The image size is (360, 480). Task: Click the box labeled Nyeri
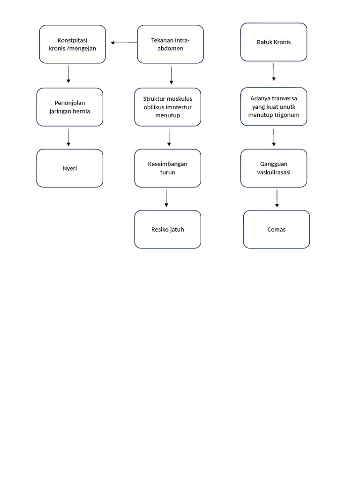tap(69, 168)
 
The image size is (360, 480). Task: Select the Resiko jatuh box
tap(167, 229)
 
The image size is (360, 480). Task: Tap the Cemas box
tap(276, 229)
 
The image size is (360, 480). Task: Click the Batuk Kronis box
tap(274, 42)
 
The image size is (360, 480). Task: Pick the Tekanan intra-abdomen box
tap(170, 44)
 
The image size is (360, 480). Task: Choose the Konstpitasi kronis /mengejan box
tap(72, 44)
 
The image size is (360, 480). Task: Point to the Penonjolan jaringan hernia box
tap(69, 107)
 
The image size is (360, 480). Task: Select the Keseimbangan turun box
tap(167, 168)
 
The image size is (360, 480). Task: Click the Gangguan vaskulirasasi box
tap(274, 168)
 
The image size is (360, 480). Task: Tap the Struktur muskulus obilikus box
tap(167, 107)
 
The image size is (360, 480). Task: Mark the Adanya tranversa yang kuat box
tap(274, 107)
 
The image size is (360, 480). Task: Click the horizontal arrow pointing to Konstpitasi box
tap(124, 43)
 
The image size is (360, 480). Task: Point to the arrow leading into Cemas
tap(277, 198)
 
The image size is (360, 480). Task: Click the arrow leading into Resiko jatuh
tap(166, 198)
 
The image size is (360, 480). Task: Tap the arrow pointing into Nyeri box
tap(68, 137)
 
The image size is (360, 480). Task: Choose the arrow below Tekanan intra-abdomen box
tap(172, 75)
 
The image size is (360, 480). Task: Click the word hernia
tap(80, 111)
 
